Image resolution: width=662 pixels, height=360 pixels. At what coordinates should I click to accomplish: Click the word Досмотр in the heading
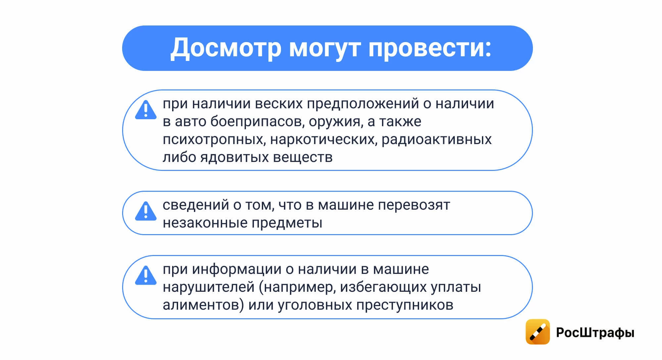226,48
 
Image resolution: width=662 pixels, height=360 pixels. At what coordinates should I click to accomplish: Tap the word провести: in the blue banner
430,48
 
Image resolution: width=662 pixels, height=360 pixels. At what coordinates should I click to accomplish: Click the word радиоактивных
436,139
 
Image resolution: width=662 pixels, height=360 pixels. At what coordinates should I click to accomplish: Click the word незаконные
205,223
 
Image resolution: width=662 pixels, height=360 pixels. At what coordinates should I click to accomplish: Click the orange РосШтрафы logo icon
538,332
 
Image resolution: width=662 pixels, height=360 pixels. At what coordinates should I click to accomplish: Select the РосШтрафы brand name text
595,333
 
